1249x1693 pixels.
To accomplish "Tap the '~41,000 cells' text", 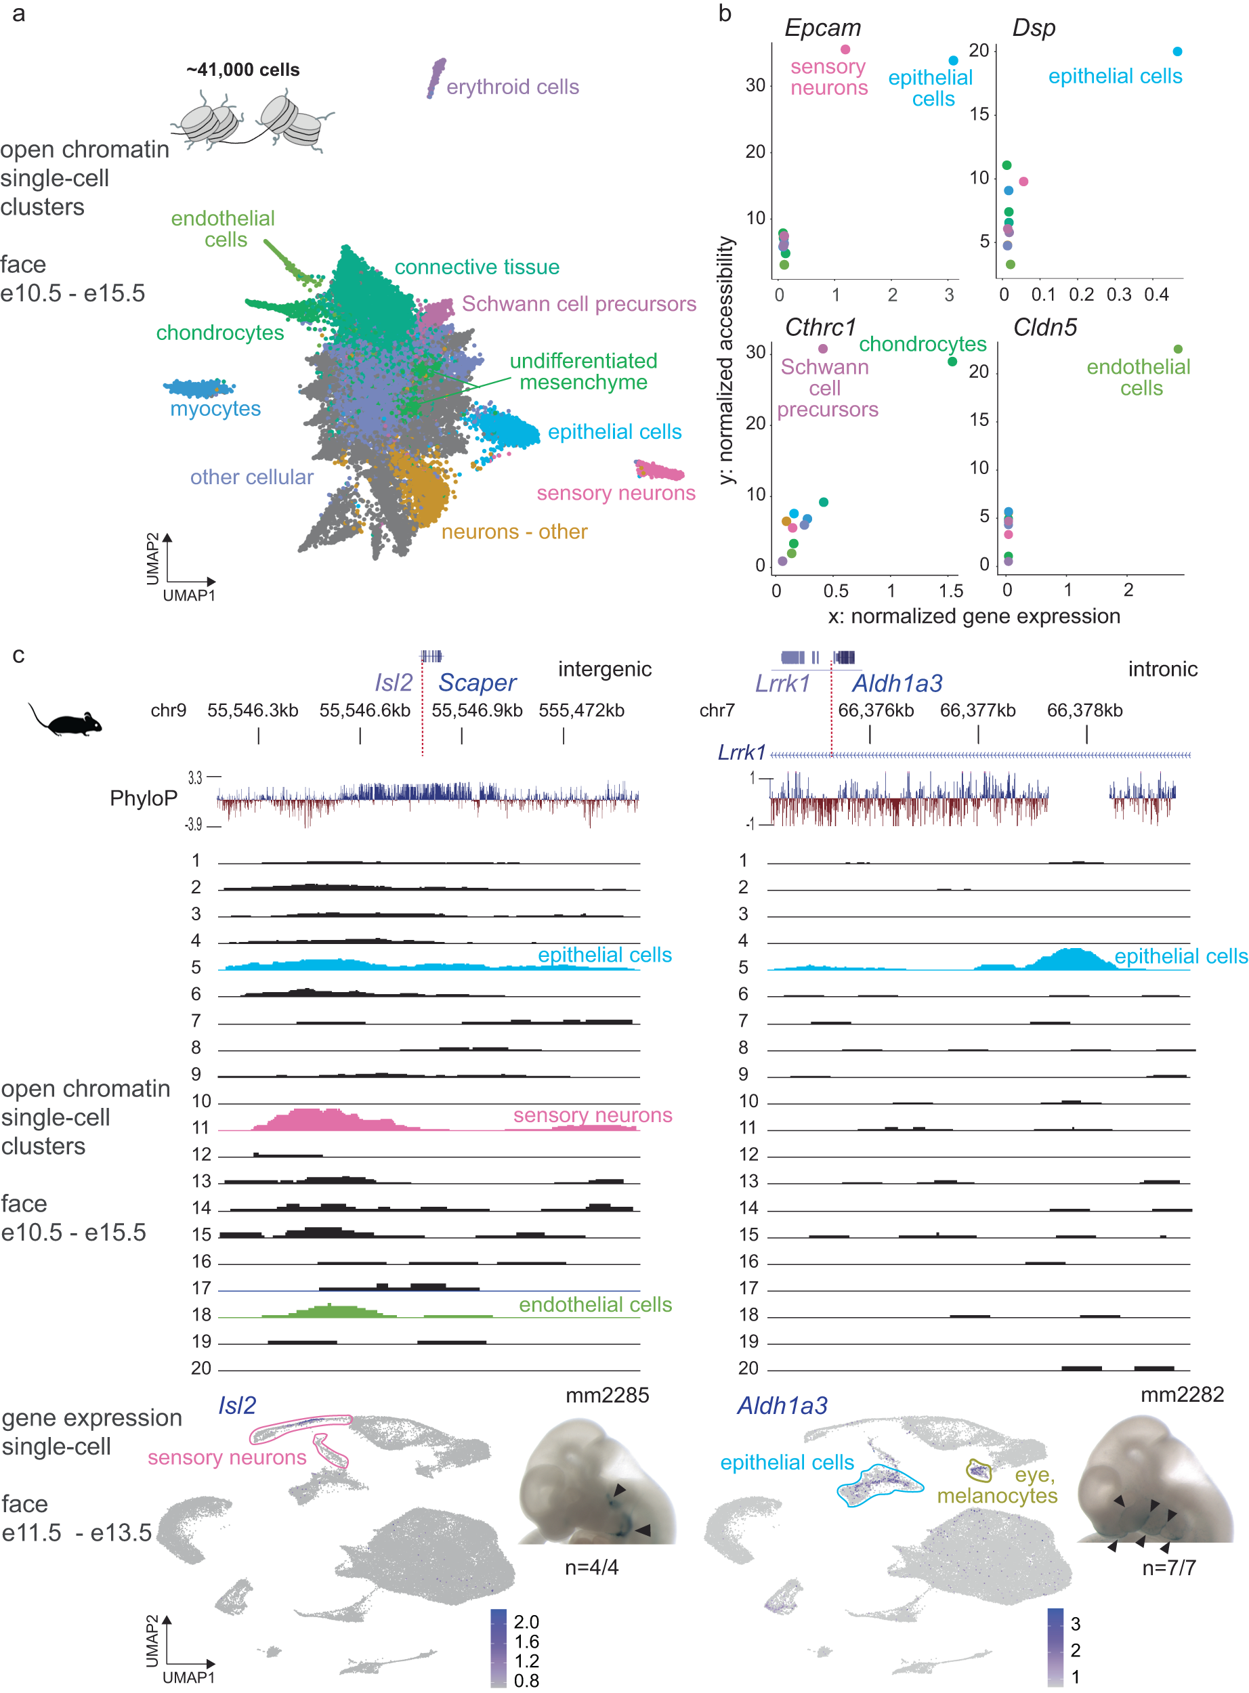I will pyautogui.click(x=242, y=70).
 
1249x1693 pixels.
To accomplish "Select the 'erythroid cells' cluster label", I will pyautogui.click(x=512, y=87).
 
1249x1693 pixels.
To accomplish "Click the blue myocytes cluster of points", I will pyautogui.click(x=198, y=388).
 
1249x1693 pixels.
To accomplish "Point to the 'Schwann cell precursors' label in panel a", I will pyautogui.click(x=578, y=304).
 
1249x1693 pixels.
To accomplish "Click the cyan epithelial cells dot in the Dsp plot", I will pyautogui.click(x=1177, y=51).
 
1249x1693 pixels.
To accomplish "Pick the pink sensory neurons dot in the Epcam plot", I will pyautogui.click(x=845, y=49).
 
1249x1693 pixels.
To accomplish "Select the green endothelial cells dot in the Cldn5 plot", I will pyautogui.click(x=1178, y=349).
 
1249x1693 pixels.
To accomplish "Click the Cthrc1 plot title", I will pyautogui.click(x=820, y=327).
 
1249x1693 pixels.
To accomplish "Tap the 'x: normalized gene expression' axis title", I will pyautogui.click(x=974, y=616).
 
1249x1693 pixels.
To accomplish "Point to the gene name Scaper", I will pyautogui.click(x=477, y=683).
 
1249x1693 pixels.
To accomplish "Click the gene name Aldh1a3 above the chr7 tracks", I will pyautogui.click(x=897, y=683).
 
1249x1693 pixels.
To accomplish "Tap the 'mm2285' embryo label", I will pyautogui.click(x=607, y=1395).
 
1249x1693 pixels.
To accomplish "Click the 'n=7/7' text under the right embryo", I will pyautogui.click(x=1169, y=1568).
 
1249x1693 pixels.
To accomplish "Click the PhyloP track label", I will pyautogui.click(x=144, y=798).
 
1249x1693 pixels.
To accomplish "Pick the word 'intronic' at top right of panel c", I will pyautogui.click(x=1162, y=669).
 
